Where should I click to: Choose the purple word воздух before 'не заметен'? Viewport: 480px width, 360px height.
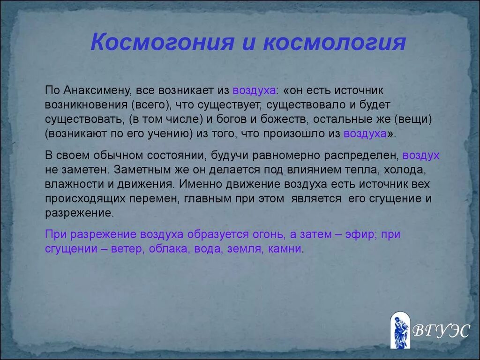click(x=421, y=156)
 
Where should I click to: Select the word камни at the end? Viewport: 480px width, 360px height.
click(x=285, y=249)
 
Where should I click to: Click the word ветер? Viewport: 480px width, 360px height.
click(x=126, y=249)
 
